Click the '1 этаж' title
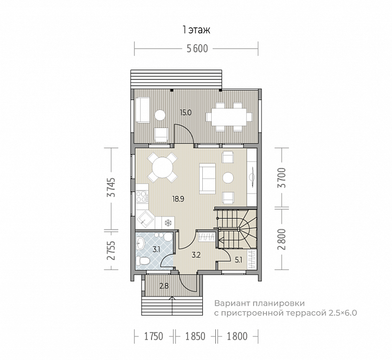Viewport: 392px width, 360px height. point(196,30)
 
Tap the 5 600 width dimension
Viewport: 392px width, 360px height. point(197,49)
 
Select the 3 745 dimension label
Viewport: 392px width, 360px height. point(111,187)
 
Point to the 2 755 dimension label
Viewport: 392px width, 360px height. point(111,251)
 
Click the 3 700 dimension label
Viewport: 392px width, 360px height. point(282,178)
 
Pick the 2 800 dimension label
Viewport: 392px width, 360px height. point(282,239)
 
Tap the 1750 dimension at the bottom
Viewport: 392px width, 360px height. point(154,336)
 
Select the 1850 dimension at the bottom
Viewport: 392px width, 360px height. point(195,336)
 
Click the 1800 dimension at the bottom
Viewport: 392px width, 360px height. point(237,336)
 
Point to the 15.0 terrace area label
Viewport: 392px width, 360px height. point(186,113)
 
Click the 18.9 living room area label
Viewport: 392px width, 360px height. point(178,199)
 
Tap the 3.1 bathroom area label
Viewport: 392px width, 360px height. point(156,250)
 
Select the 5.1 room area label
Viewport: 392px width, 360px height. point(238,260)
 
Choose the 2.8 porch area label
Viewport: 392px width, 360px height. point(164,286)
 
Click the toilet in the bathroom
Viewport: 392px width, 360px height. point(143,261)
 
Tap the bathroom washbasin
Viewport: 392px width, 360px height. point(141,243)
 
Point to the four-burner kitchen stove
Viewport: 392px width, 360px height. point(142,197)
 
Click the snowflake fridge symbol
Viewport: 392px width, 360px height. point(168,222)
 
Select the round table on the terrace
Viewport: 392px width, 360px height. point(160,115)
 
